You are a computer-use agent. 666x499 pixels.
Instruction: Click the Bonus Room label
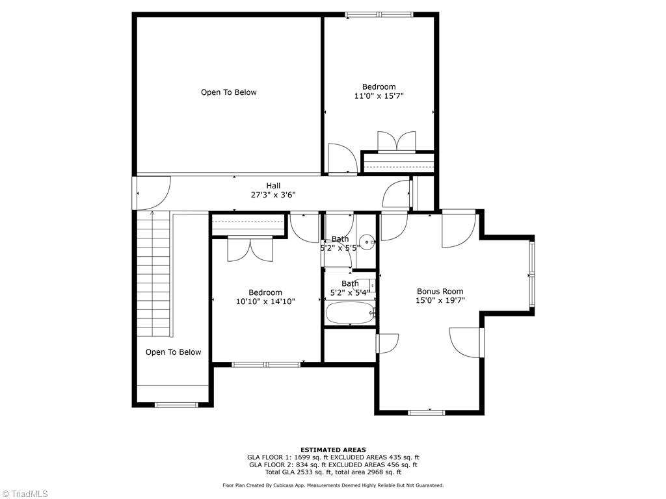[440, 291]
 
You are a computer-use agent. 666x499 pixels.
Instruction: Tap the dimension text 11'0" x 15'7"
[379, 96]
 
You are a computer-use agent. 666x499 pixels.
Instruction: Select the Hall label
[273, 185]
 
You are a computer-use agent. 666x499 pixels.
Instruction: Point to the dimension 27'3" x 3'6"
[273, 195]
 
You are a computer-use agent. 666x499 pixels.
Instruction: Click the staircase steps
[153, 273]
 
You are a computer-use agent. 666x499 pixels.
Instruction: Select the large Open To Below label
[228, 92]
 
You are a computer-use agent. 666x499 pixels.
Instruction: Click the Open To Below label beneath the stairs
[173, 352]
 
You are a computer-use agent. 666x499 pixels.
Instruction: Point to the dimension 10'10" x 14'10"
[265, 301]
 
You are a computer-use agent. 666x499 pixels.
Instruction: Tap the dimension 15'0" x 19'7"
[440, 300]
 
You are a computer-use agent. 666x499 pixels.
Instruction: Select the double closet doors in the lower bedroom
[250, 249]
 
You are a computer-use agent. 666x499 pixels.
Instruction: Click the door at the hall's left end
[151, 193]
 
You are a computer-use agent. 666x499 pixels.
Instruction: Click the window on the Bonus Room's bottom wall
[427, 412]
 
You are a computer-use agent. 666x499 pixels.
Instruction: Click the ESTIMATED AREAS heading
[332, 450]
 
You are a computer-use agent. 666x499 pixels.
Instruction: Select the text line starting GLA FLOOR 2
[332, 465]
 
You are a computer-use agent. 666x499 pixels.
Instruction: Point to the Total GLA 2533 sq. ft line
[332, 472]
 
